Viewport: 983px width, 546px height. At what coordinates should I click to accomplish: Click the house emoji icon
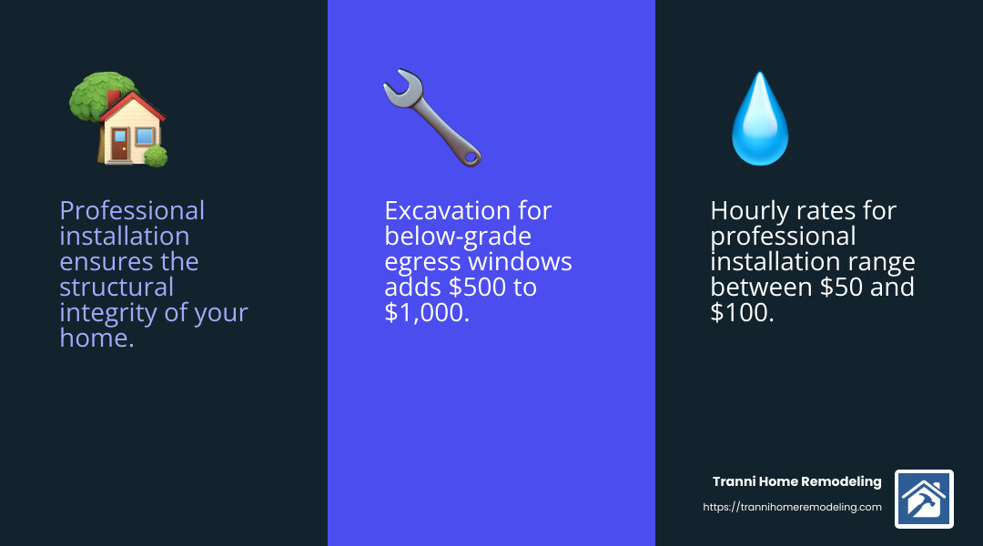click(x=119, y=119)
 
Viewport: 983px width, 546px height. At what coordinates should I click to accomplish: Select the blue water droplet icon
click(x=759, y=120)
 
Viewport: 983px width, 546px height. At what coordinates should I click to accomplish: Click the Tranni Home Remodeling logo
click(x=924, y=499)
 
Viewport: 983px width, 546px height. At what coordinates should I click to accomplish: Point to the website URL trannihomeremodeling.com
click(x=793, y=507)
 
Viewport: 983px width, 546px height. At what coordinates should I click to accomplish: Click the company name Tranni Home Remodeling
click(x=796, y=481)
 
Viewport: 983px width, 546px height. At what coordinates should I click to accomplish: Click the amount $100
click(x=742, y=314)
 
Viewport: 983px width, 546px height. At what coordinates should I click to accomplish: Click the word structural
click(x=116, y=288)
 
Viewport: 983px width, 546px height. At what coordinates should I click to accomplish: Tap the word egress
click(x=422, y=262)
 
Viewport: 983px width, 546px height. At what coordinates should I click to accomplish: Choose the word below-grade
click(x=457, y=237)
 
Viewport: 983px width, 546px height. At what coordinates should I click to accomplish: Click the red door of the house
click(x=119, y=145)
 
